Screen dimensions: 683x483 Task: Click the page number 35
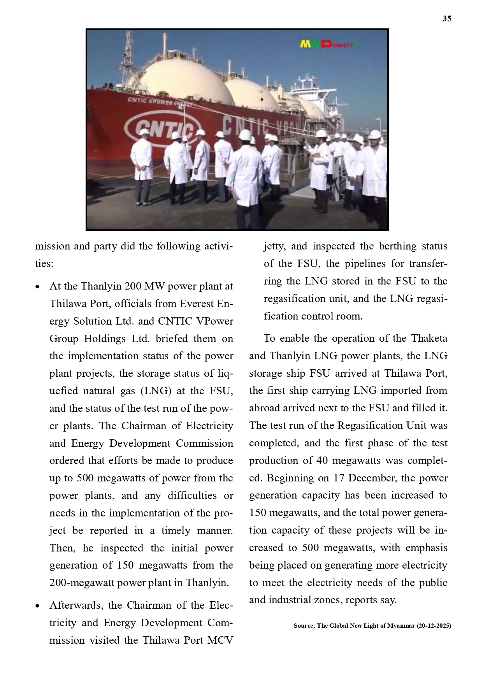point(446,19)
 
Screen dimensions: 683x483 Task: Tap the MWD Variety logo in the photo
point(329,44)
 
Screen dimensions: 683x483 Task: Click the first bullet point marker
point(37,287)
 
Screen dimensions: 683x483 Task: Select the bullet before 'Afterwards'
point(37,606)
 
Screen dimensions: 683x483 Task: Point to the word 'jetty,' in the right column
point(275,246)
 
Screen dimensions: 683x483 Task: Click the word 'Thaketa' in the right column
point(429,338)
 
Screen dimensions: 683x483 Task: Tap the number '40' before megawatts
point(322,460)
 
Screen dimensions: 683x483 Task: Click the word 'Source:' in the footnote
point(304,626)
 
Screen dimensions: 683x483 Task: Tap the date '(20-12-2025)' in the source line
point(434,626)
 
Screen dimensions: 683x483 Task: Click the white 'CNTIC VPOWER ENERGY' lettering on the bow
point(160,102)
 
